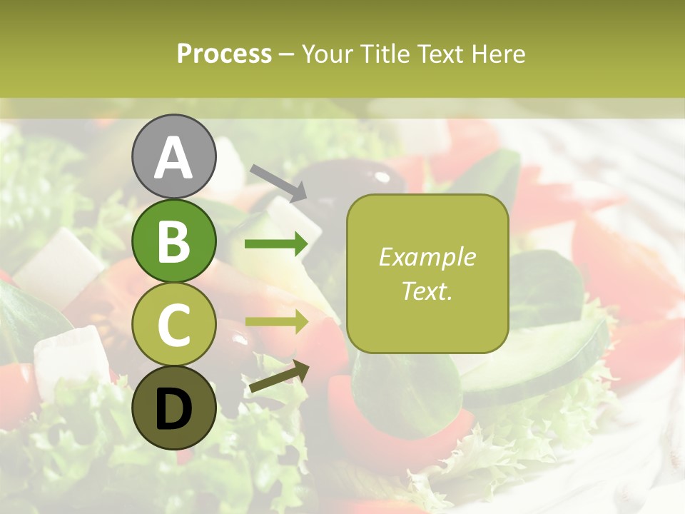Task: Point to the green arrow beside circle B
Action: [x=276, y=245]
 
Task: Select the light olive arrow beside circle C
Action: [x=276, y=322]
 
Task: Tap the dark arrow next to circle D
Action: [x=278, y=376]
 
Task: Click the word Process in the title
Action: [x=224, y=54]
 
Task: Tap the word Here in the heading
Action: [x=497, y=54]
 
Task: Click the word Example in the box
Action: [x=427, y=257]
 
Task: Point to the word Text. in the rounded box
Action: [x=427, y=291]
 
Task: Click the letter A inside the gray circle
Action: [x=173, y=157]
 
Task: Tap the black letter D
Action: [x=173, y=409]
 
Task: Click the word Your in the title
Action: [x=326, y=54]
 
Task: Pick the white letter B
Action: [x=173, y=241]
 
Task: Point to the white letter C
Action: [x=173, y=325]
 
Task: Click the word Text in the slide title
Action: [x=440, y=54]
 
